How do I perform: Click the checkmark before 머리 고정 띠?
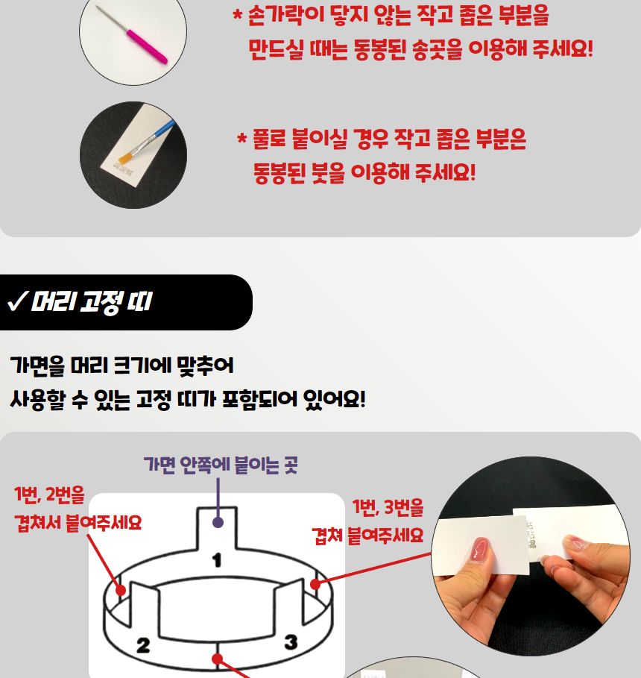(16, 302)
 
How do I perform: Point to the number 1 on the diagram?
(217, 559)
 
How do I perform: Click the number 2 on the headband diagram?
(143, 644)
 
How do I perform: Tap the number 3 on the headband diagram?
(291, 641)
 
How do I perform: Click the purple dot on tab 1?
(218, 522)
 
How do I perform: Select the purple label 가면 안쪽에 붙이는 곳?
(221, 466)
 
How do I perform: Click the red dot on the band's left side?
(119, 588)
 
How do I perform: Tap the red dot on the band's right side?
(315, 584)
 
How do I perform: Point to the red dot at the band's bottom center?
(217, 659)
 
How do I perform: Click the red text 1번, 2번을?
(49, 495)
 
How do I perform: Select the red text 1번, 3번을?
(388, 509)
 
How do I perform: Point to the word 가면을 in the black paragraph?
(37, 366)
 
